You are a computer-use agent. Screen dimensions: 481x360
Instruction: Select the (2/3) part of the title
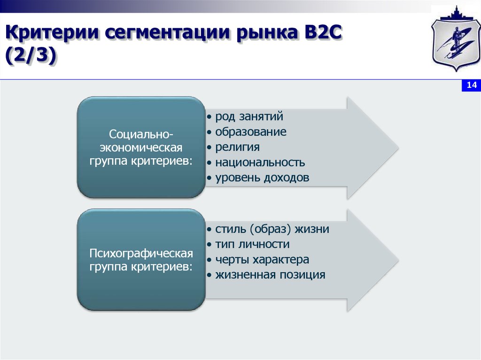31,57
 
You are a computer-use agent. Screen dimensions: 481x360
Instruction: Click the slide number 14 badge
471,85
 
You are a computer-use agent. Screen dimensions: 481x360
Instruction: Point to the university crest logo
456,38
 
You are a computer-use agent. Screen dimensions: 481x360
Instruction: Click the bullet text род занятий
249,117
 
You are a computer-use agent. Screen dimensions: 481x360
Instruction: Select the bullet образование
251,132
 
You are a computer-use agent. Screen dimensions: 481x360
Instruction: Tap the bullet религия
237,147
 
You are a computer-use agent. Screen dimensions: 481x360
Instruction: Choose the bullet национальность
260,162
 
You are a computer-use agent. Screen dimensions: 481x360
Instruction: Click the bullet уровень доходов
262,178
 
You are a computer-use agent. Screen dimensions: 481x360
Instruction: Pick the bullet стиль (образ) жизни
272,229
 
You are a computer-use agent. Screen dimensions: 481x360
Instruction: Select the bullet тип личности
252,245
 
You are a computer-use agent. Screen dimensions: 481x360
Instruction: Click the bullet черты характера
262,260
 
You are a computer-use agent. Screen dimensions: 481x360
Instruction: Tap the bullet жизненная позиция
270,275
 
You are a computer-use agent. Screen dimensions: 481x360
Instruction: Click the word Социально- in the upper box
141,134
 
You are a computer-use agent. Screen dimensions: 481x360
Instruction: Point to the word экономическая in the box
141,148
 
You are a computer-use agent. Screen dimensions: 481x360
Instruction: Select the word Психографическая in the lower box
141,253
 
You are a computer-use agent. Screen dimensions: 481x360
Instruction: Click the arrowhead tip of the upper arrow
398,148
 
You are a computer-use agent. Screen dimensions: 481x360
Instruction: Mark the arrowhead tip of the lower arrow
398,261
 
